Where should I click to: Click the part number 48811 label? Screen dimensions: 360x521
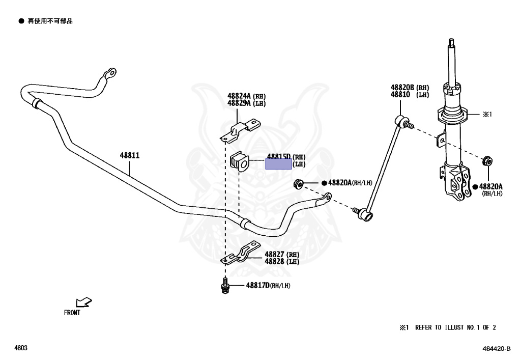(x=130, y=155)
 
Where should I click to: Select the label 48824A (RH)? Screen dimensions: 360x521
(x=246, y=96)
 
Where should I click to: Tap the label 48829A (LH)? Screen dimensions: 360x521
(x=246, y=103)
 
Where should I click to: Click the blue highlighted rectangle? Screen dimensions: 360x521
(x=279, y=164)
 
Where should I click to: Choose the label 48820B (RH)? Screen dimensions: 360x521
(x=410, y=88)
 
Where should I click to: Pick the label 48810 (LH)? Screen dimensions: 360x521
(x=410, y=95)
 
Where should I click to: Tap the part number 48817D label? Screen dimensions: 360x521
(x=257, y=286)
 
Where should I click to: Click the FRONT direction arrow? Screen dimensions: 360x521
(x=83, y=303)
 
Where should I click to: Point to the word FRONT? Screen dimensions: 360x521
(x=72, y=313)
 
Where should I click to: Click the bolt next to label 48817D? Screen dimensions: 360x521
(x=224, y=287)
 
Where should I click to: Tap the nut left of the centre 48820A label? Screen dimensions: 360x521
(x=299, y=183)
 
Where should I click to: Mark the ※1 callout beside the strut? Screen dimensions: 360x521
(x=487, y=114)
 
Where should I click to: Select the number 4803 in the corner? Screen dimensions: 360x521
(x=21, y=348)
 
